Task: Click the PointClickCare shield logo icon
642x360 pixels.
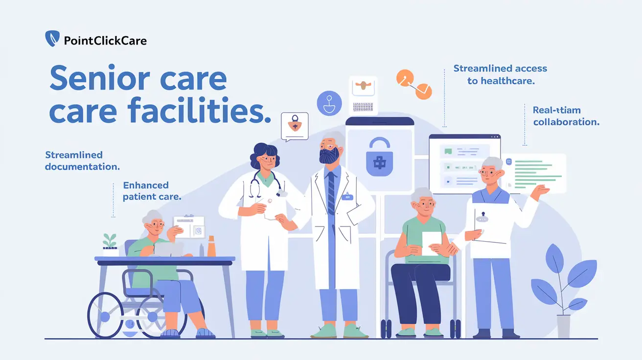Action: coord(52,39)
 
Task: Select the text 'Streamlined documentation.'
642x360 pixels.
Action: coord(82,161)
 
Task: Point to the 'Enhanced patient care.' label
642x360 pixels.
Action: coord(152,191)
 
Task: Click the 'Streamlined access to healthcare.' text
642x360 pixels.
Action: coord(500,74)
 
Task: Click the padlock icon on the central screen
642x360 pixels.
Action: coord(379,157)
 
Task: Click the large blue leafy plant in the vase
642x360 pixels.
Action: coord(563,279)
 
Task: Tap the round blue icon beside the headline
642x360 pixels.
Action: coord(329,103)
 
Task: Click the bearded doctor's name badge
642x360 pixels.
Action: coord(348,197)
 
